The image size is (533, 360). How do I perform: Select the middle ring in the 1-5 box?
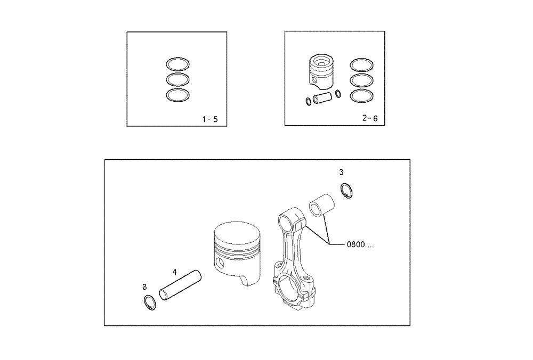(177, 80)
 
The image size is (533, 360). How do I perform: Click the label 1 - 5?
(209, 119)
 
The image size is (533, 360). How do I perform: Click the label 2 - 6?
(369, 118)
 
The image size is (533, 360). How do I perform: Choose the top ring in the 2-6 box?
(361, 65)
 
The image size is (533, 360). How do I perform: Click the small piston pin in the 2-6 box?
(323, 99)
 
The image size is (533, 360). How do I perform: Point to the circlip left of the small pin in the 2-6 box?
(308, 102)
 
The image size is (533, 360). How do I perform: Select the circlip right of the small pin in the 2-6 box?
(338, 95)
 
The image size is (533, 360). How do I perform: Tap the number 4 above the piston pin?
(174, 272)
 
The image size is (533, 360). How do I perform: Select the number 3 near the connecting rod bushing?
(341, 172)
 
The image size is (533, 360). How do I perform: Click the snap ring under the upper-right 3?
(346, 191)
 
